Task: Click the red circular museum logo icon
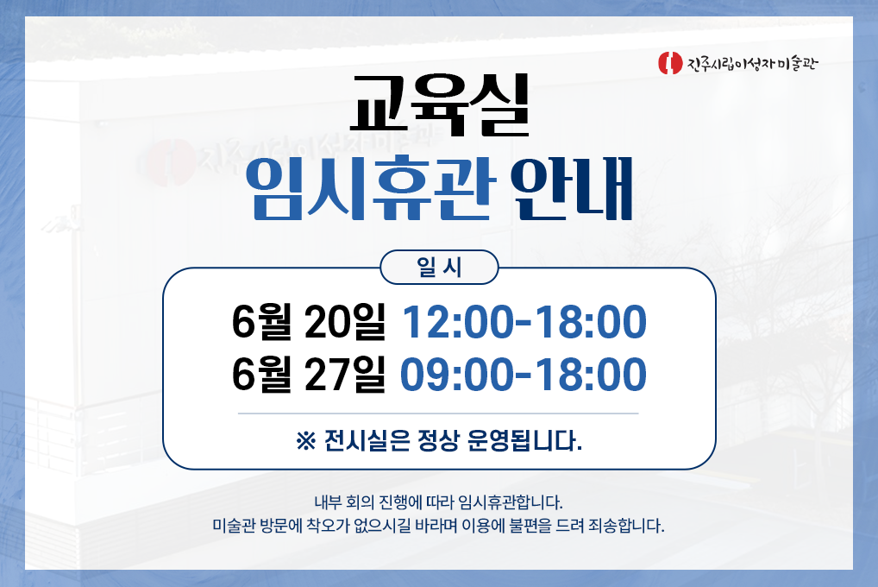[x=670, y=63]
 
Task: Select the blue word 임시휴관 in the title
[x=370, y=188]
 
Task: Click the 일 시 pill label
[x=440, y=268]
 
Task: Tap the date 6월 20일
[x=309, y=322]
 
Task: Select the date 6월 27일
[x=309, y=375]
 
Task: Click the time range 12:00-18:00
[x=524, y=322]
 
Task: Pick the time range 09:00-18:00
[x=523, y=375]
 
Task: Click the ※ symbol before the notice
[x=306, y=441]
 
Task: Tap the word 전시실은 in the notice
[x=367, y=441]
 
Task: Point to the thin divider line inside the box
[x=438, y=413]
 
